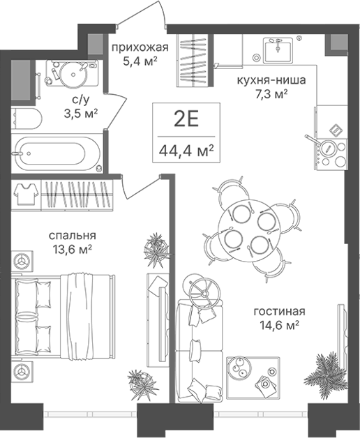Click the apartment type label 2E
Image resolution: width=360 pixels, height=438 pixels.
click(x=186, y=120)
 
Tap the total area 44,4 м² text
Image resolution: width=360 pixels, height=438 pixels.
click(x=186, y=151)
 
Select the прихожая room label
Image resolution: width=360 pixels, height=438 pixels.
click(x=140, y=47)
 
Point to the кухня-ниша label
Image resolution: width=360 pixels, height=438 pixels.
click(x=271, y=80)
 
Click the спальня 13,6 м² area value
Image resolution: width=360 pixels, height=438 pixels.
click(x=72, y=248)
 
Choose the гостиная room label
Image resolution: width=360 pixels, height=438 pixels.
click(x=279, y=311)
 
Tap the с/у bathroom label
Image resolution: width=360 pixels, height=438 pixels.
click(x=81, y=99)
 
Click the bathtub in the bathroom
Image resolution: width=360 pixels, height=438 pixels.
click(x=57, y=154)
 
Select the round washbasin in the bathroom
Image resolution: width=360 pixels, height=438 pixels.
click(x=73, y=75)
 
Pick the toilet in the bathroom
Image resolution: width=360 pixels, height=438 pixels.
click(x=27, y=119)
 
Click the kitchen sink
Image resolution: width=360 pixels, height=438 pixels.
click(x=278, y=50)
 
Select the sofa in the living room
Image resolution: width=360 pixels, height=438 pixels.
click(x=200, y=352)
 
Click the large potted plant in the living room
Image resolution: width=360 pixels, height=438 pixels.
click(x=326, y=370)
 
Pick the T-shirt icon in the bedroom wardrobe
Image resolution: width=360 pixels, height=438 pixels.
click(x=27, y=194)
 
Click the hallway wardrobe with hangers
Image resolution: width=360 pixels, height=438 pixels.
click(x=193, y=60)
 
